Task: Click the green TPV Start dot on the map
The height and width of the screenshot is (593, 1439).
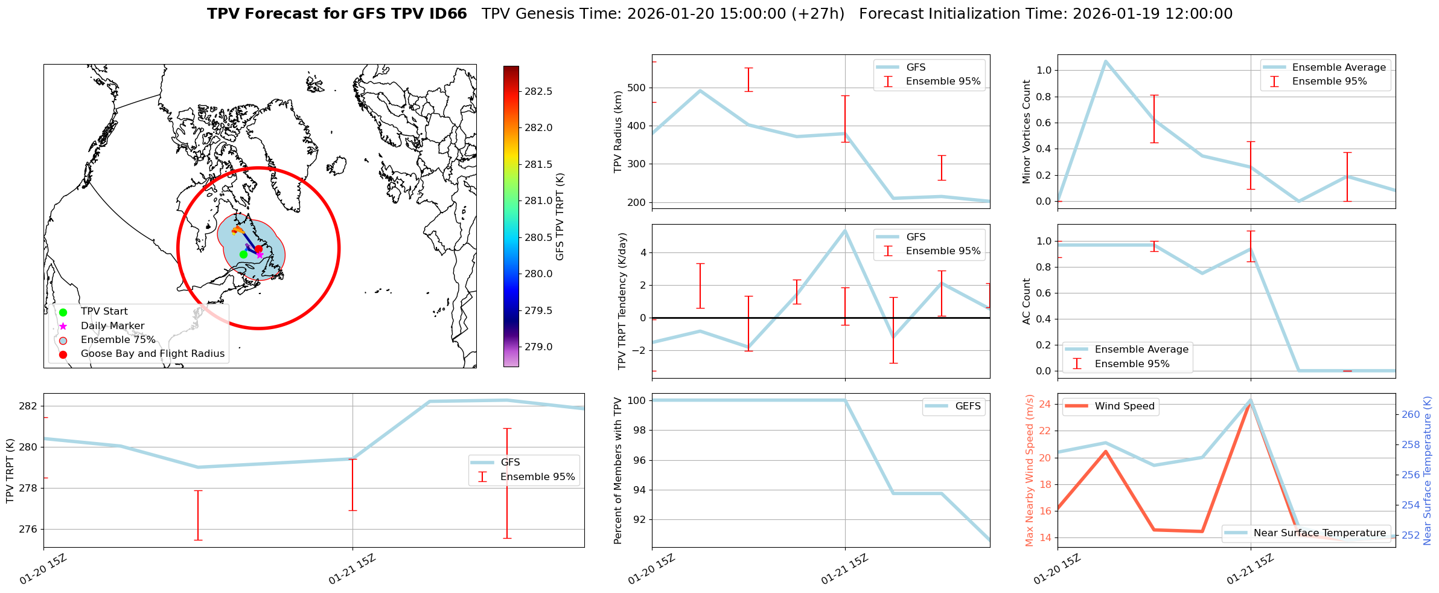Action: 243,254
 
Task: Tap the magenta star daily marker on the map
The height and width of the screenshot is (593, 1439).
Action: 260,255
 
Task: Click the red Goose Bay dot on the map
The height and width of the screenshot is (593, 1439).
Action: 258,249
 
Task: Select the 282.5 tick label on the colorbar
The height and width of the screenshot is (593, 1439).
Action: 538,91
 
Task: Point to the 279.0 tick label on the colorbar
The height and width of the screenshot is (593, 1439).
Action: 538,347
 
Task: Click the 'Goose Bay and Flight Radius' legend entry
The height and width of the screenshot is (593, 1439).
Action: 152,354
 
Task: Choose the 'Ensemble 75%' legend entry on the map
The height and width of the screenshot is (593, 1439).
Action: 118,340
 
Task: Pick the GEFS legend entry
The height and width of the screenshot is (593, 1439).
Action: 968,406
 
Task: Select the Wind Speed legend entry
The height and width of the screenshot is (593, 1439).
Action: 1124,406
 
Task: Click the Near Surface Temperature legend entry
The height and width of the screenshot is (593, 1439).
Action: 1319,533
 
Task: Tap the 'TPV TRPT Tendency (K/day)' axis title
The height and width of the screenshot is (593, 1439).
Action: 622,301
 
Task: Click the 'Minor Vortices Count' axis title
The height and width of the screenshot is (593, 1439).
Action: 1027,132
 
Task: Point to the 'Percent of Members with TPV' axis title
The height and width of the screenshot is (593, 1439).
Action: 617,470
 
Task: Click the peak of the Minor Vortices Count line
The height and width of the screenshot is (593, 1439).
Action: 1105,61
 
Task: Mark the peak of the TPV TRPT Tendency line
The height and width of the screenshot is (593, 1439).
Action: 845,230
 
